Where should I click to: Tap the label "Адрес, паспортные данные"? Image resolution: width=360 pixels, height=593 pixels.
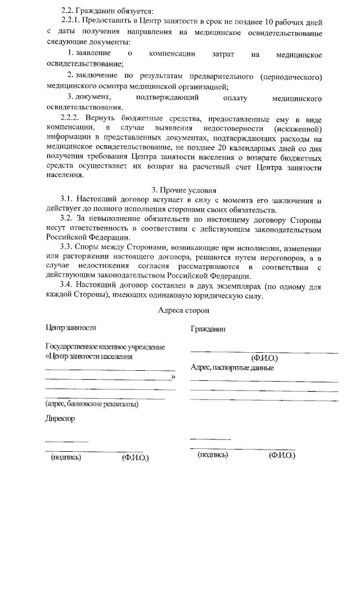tap(232, 368)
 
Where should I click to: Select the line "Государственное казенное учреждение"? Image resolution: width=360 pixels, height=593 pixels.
tap(105, 347)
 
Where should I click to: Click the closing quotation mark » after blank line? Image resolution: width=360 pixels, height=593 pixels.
tap(173, 376)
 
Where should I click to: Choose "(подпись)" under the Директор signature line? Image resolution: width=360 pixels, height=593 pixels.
tap(66, 457)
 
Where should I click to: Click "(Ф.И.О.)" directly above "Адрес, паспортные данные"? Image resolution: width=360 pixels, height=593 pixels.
tap(264, 358)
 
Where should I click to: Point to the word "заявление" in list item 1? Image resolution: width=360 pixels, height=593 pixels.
tap(93, 55)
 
